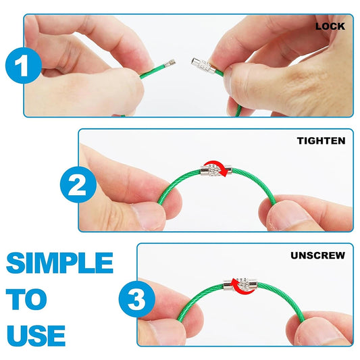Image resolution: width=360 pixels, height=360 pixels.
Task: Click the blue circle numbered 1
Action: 23,66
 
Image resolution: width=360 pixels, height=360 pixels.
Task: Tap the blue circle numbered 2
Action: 78,184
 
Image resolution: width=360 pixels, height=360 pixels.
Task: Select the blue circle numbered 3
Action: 137,299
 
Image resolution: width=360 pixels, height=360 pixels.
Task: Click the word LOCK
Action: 330,26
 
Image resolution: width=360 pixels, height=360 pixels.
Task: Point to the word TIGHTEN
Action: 321,140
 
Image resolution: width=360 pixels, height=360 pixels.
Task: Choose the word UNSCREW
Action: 317,255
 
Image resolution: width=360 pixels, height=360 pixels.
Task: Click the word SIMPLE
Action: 59,263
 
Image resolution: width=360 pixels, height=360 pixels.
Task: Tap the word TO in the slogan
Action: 26,299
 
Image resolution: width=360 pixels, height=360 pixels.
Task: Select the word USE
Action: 36,336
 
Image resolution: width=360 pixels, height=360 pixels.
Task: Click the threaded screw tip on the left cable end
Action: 170,62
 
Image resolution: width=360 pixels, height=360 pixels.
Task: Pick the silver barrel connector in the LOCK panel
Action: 203,65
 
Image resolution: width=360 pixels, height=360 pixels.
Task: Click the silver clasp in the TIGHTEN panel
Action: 216,171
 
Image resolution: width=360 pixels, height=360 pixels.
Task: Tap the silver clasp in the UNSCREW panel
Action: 240,286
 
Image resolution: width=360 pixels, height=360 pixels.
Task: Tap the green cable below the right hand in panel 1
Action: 238,111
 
